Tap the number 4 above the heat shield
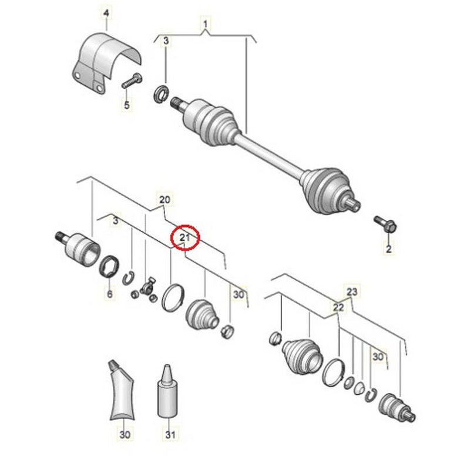click(106, 12)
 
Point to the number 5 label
click(126, 106)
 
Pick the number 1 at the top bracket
click(206, 25)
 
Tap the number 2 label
click(388, 249)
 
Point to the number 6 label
click(109, 293)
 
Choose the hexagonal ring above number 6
click(110, 268)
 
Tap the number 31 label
click(170, 435)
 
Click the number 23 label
click(351, 291)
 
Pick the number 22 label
click(338, 308)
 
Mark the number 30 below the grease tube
click(123, 435)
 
